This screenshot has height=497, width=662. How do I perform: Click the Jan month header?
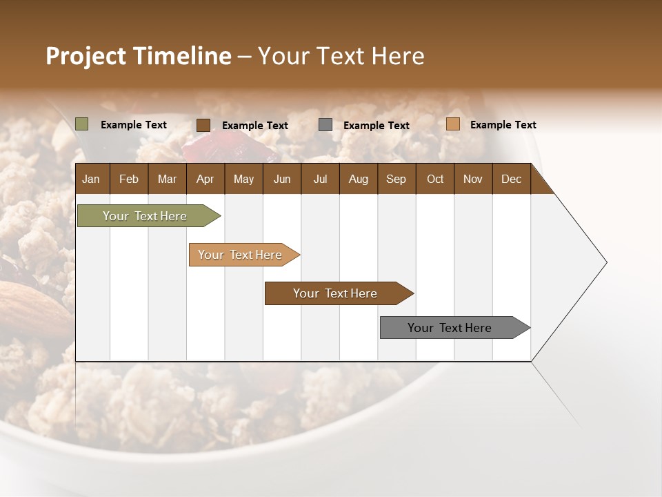[91, 179]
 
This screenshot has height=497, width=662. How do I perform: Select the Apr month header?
[205, 179]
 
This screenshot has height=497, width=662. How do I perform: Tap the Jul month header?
[320, 179]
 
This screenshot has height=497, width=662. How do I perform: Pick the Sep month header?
[396, 179]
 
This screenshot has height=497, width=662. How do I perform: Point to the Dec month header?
[511, 179]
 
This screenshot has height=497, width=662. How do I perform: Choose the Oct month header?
[435, 179]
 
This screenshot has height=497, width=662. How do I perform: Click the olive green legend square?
[82, 124]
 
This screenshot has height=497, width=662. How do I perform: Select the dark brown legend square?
[203, 125]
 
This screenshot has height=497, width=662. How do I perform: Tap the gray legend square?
[325, 125]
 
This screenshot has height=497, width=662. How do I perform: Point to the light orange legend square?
[452, 124]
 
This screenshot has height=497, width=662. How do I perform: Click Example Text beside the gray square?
[376, 126]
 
